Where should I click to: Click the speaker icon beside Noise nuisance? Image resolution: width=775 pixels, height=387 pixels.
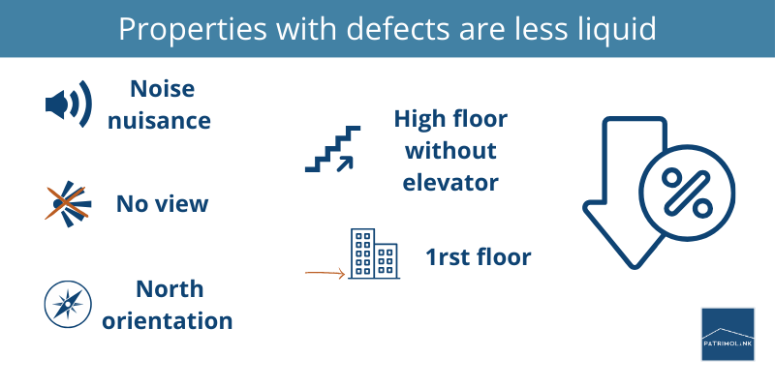click(68, 104)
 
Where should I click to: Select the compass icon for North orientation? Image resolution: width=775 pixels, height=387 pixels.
click(68, 304)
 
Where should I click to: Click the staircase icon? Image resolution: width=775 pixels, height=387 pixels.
click(332, 149)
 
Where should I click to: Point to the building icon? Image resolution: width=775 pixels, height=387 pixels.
click(374, 255)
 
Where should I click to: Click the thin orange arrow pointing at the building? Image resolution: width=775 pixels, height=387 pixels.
click(325, 274)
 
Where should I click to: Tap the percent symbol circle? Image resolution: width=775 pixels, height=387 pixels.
click(684, 191)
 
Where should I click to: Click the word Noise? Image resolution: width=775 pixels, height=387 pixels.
click(162, 89)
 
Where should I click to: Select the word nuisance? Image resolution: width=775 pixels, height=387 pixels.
click(162, 121)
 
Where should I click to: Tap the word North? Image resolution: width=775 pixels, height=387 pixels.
click(170, 288)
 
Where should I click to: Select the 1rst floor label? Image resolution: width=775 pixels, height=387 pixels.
click(478, 257)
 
